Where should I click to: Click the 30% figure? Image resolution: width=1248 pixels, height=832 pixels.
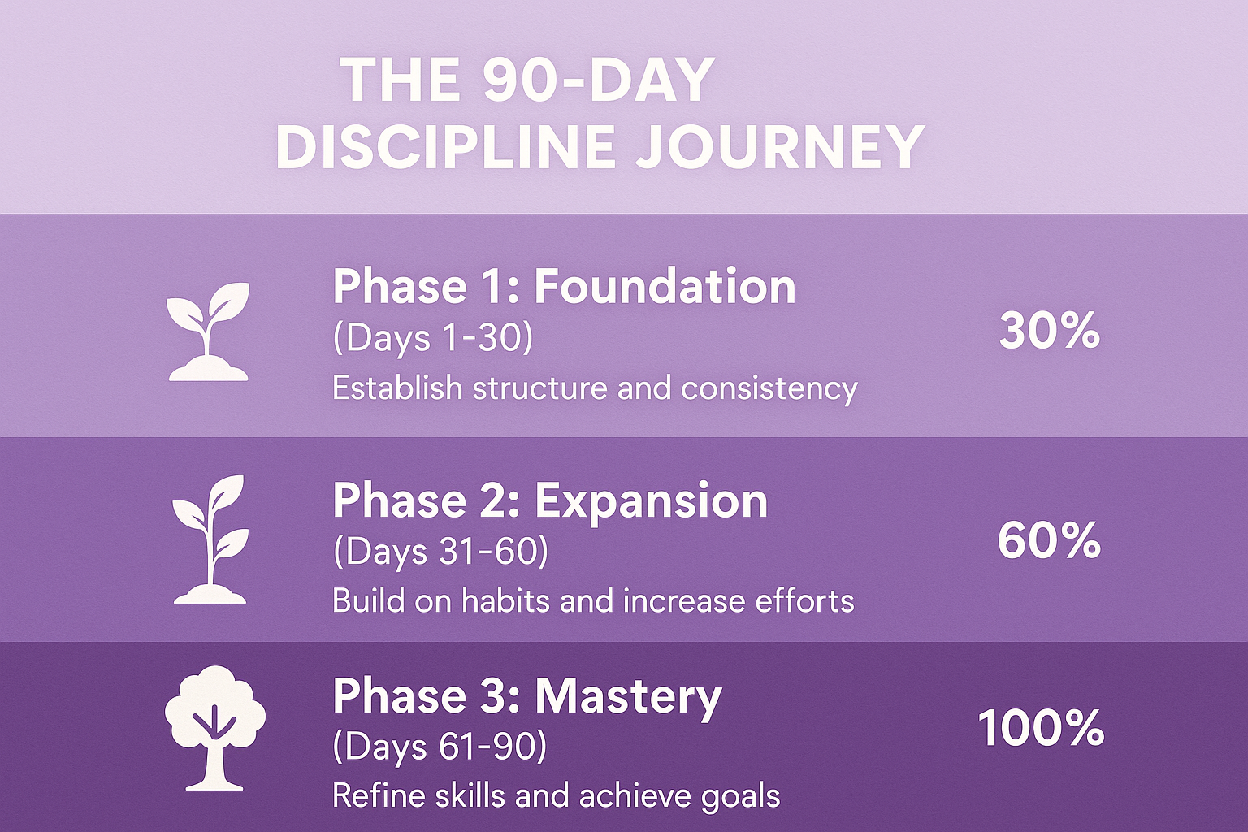coord(1050,331)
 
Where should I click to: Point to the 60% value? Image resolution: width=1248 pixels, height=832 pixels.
coord(1050,540)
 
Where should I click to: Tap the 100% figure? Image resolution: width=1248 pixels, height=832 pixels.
coord(1042,728)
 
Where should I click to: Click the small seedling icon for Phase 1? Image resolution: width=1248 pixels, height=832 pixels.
coord(209,331)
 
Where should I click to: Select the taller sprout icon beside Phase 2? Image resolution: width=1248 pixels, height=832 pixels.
coord(210,539)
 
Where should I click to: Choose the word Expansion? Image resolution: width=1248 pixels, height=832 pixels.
coord(652,500)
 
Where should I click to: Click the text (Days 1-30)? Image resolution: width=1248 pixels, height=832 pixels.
coord(433,338)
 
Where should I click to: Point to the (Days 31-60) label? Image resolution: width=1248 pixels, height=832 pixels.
coord(440,551)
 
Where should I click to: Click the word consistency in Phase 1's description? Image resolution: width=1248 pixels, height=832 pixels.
coord(769,389)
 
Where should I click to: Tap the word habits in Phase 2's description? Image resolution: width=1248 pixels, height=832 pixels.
coord(506,601)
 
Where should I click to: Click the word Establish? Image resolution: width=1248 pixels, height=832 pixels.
coord(397,388)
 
